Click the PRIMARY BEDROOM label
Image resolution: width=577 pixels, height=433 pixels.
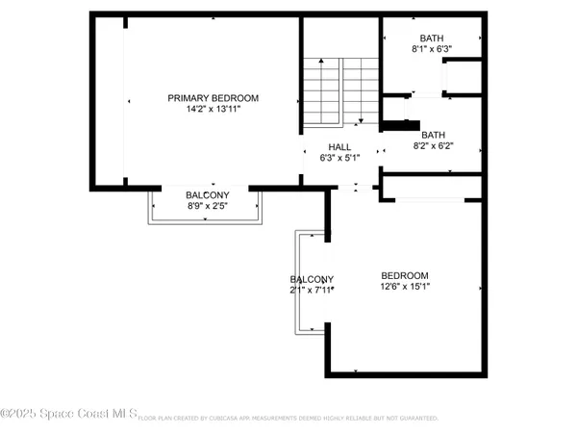[x=213, y=98]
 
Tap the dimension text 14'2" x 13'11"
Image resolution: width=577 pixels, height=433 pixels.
[x=213, y=110]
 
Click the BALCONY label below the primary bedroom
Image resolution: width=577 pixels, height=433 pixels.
[x=207, y=194]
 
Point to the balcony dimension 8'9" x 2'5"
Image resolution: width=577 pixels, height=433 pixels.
[x=207, y=206]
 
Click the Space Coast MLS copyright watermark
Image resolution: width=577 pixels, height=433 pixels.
[x=68, y=415]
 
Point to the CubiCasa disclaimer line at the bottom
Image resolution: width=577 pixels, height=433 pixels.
[x=288, y=419]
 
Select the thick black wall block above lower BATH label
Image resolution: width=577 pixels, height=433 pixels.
[x=401, y=123]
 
